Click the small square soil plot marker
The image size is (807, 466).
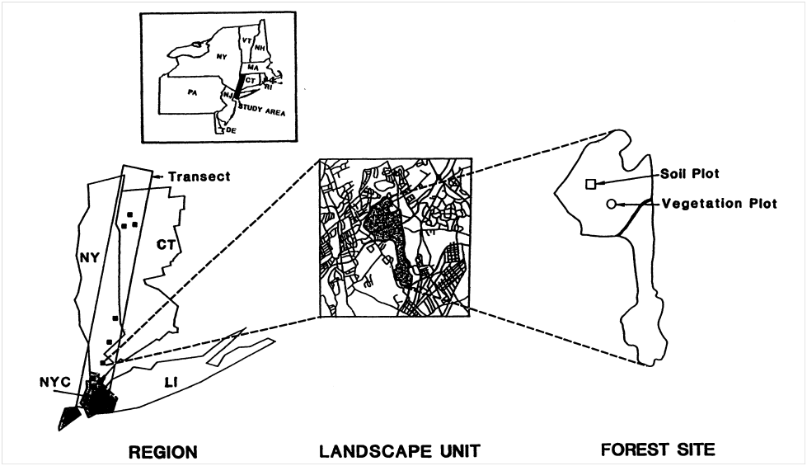[x=590, y=184]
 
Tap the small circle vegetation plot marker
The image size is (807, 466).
[x=611, y=204]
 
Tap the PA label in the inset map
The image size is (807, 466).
[x=192, y=93]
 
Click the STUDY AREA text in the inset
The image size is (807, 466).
[x=261, y=109]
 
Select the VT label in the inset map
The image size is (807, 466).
[x=246, y=40]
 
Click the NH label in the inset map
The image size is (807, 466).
[x=260, y=48]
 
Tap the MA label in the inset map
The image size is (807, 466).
[x=254, y=67]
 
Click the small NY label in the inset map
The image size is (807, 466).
[x=221, y=58]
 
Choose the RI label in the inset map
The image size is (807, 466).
[x=268, y=86]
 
